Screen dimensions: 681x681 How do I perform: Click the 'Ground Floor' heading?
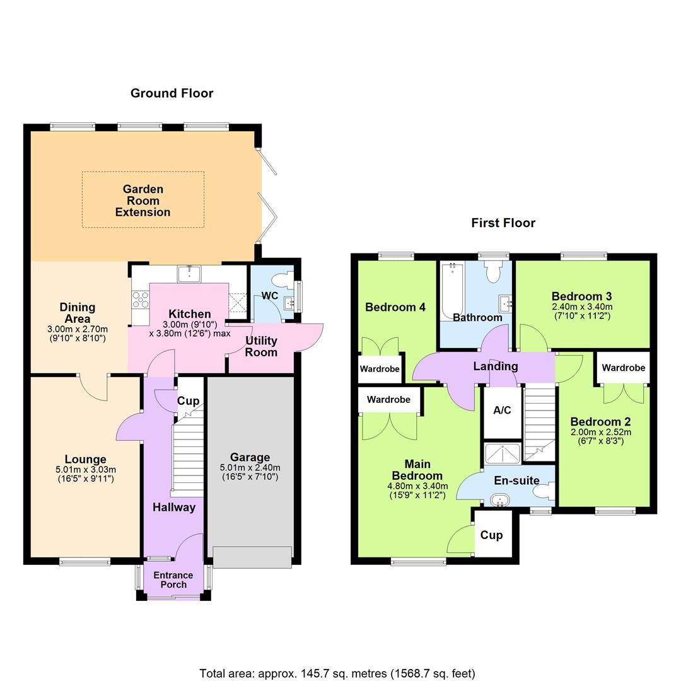pos(172,93)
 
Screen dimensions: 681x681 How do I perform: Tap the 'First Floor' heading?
pos(503,223)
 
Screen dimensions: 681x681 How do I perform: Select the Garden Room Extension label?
pos(143,201)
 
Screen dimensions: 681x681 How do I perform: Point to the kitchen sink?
pos(189,273)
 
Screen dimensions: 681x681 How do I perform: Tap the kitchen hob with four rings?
pos(139,299)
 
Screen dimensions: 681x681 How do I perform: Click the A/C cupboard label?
pos(502,410)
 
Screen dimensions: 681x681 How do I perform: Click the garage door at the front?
pos(252,557)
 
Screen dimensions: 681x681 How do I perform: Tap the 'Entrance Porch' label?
pos(173,579)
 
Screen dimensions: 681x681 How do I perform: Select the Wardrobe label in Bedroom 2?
pos(623,368)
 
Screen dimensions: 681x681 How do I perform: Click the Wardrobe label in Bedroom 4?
pos(380,369)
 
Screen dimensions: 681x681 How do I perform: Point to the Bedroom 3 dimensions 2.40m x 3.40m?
pos(581,307)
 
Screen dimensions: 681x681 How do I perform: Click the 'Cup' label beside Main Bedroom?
pos(492,535)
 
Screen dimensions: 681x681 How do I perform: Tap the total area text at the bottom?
pos(337,673)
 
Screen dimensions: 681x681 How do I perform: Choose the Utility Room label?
pos(261,346)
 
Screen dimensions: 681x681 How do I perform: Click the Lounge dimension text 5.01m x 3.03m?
pos(85,470)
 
